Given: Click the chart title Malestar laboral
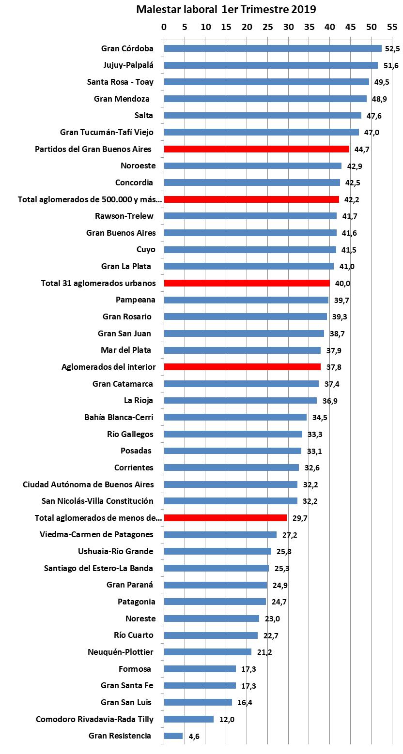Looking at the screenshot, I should pos(226,10).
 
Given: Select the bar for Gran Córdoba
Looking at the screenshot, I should pos(273,48).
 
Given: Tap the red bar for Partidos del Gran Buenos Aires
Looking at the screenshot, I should pos(256,149).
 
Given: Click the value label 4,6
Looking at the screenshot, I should pos(194,736).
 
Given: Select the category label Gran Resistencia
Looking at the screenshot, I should pos(120,736).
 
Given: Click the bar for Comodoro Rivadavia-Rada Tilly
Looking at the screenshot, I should pos(189,719).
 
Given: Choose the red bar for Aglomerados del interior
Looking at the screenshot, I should pos(242,367).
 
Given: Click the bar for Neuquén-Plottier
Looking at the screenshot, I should pos(208,652).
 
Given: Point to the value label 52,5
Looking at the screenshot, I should pos(392,49).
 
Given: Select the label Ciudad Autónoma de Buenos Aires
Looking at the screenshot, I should pos(88,484).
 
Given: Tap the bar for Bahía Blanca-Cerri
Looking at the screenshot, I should pos(235,417).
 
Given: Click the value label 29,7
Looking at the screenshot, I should pos(298,518).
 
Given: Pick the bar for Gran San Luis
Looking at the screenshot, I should pos(198,702).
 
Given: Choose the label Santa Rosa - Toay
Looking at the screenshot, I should pos(120,82).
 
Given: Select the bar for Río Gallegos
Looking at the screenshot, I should pos(233,434).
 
